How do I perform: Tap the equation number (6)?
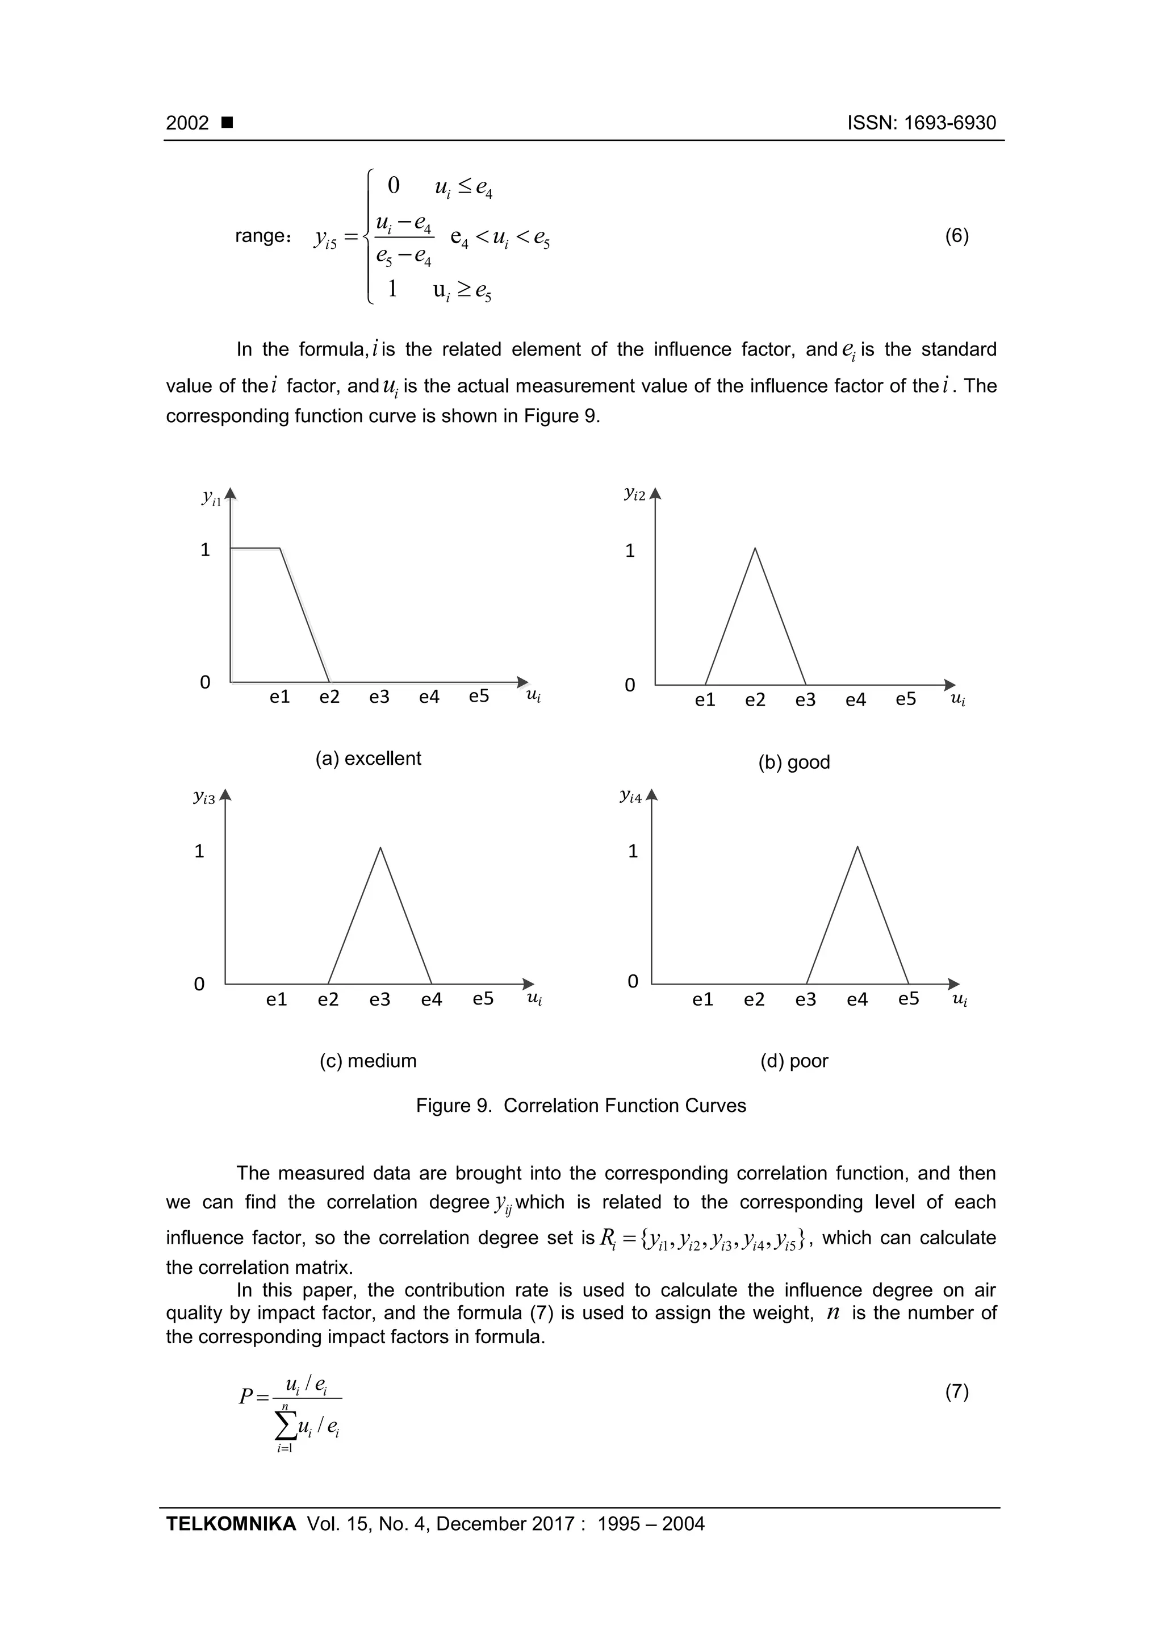957,236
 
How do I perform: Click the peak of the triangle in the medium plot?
380,848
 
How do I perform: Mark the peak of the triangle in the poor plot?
857,847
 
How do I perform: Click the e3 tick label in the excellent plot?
379,697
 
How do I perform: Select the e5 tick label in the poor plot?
908,999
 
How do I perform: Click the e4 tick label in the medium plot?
432,999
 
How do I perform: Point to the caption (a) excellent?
369,759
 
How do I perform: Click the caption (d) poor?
794,1061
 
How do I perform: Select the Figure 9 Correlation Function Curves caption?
580,1106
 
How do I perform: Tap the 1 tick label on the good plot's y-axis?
630,551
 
